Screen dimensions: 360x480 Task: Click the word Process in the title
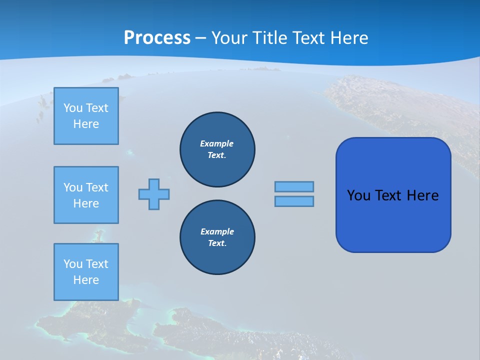pyautogui.click(x=157, y=38)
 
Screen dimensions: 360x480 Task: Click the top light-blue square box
pyautogui.click(x=86, y=116)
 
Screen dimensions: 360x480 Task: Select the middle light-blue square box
pyautogui.click(x=86, y=195)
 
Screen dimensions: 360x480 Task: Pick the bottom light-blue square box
pyautogui.click(x=86, y=272)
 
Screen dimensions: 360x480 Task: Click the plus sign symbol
pyautogui.click(x=154, y=194)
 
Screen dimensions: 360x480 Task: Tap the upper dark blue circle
pyautogui.click(x=217, y=149)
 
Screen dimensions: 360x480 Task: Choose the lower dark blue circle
pyautogui.click(x=217, y=237)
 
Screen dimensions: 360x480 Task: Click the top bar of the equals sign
pyautogui.click(x=294, y=186)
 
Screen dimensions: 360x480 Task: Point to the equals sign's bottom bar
pyautogui.click(x=294, y=201)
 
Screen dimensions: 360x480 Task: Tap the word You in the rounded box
pyautogui.click(x=358, y=195)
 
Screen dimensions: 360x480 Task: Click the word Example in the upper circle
pyautogui.click(x=217, y=143)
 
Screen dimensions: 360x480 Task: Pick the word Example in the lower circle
pyautogui.click(x=217, y=231)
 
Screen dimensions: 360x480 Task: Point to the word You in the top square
pyautogui.click(x=73, y=108)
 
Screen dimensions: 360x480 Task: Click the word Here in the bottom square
pyautogui.click(x=86, y=280)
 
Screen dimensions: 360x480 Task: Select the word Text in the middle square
pyautogui.click(x=96, y=187)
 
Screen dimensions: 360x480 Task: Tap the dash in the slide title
pyautogui.click(x=201, y=38)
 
